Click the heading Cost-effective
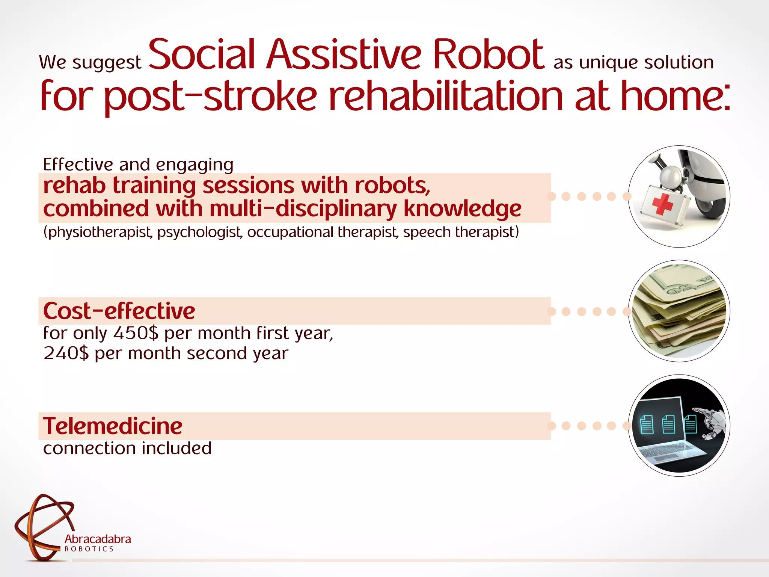pyautogui.click(x=119, y=311)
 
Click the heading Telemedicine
pyautogui.click(x=113, y=426)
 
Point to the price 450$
pyautogui.click(x=136, y=333)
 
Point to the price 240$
pyautogui.click(x=66, y=353)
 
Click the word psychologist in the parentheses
pyautogui.click(x=199, y=232)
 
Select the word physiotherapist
pyautogui.click(x=98, y=232)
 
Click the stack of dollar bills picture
pyautogui.click(x=679, y=311)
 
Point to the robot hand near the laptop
pyautogui.click(x=712, y=423)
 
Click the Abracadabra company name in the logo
pyautogui.click(x=98, y=539)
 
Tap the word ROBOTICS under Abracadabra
pyautogui.click(x=89, y=549)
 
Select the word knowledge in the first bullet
pyautogui.click(x=462, y=209)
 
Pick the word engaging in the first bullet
pyautogui.click(x=195, y=165)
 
